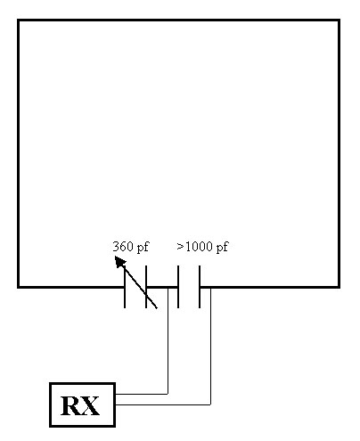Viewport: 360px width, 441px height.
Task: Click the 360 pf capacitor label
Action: tap(131, 247)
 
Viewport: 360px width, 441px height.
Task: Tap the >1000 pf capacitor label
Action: tap(202, 247)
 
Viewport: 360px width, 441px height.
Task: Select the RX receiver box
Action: tap(82, 405)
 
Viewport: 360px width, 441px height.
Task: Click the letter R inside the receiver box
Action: tap(70, 406)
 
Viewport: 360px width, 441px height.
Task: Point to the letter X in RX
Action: tap(90, 406)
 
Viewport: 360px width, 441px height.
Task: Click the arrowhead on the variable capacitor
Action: tap(120, 262)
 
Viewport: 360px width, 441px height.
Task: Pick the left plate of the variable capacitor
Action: tap(125, 287)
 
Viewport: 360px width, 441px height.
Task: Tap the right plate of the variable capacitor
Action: tap(146, 287)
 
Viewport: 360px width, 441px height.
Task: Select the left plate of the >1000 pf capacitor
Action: tap(178, 287)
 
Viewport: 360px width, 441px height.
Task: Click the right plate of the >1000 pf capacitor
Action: tap(200, 287)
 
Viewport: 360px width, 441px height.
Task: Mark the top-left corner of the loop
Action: tap(19, 20)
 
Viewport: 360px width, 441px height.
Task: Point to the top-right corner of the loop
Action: tap(339, 20)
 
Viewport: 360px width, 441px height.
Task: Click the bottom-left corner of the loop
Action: tap(19, 287)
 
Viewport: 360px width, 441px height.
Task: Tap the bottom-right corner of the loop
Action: tap(339, 287)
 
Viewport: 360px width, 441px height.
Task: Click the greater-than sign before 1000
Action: tap(180, 246)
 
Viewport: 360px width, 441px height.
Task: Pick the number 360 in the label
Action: tap(121, 247)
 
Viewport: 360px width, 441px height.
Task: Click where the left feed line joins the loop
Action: tap(168, 288)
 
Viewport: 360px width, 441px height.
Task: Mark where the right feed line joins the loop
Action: tap(210, 288)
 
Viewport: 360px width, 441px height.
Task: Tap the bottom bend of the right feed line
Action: tap(210, 404)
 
